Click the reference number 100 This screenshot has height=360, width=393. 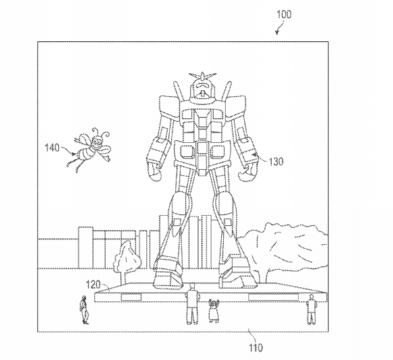coord(284,14)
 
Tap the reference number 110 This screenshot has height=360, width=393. coord(256,348)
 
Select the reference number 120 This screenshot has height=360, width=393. coord(93,285)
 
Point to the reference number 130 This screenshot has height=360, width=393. coord(276,161)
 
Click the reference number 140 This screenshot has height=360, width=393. coord(52,148)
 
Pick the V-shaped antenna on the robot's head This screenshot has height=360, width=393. coord(203,76)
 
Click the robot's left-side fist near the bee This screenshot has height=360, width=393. coord(155,172)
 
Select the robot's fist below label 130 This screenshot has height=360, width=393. coord(248,172)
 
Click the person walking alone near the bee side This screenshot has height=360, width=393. coord(84,309)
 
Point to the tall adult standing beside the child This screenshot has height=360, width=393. coord(192,303)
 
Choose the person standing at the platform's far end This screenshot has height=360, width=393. coord(311,309)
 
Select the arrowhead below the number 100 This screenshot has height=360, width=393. coord(277,32)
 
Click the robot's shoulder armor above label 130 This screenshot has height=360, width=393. coord(236,107)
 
